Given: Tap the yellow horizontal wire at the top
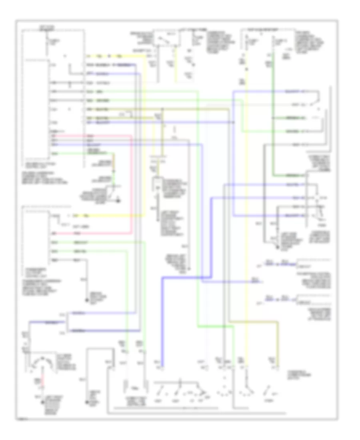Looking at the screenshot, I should click(x=116, y=56).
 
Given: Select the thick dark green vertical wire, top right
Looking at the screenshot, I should click(x=273, y=120).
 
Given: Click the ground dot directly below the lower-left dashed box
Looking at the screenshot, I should click(x=85, y=300).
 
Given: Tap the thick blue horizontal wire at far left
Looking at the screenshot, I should click(x=44, y=322).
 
